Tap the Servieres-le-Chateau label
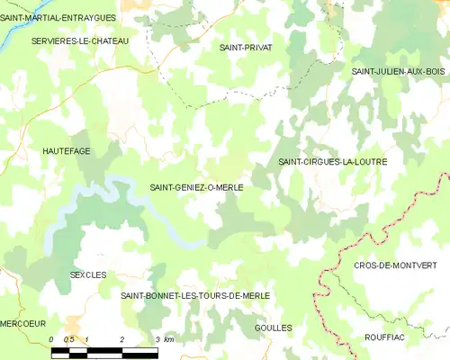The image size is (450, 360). coord(79,41)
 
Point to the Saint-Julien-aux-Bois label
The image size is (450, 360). coord(398,70)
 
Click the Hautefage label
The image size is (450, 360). coord(66,151)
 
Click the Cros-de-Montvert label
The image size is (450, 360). coord(395,265)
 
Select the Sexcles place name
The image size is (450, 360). coord(88,274)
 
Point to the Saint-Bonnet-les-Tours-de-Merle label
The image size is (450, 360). coord(195,295)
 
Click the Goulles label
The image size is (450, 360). coord(274,328)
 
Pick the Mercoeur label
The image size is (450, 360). coord(23,321)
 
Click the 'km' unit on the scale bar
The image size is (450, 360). coord(168,338)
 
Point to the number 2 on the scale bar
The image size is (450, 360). coord(121,338)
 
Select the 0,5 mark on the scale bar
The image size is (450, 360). coord(68,338)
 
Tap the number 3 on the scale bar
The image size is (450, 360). coord(157,338)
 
